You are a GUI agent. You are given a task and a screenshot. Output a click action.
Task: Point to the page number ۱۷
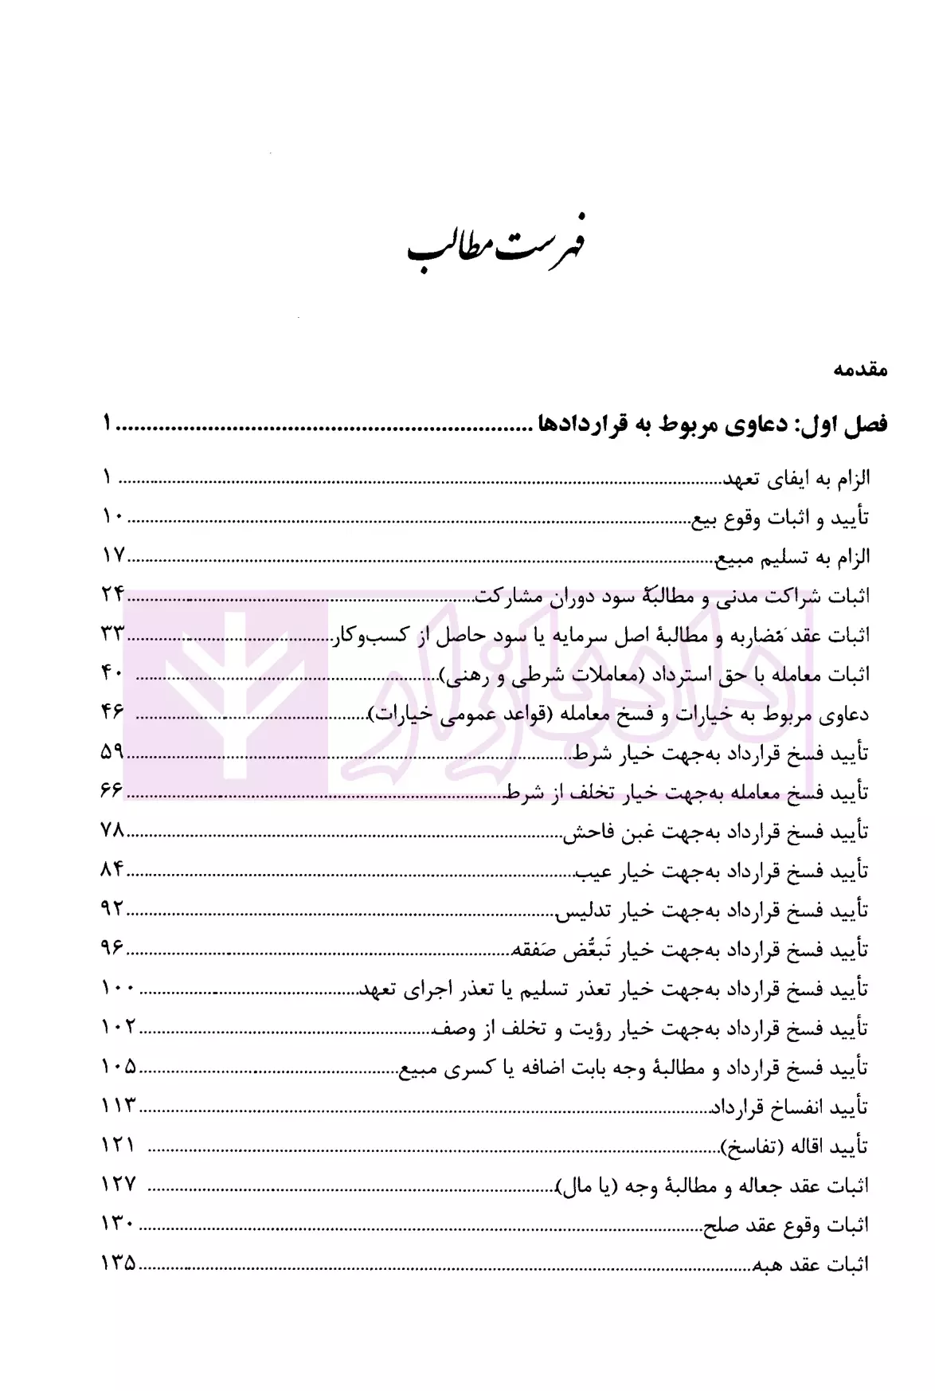coord(113,555)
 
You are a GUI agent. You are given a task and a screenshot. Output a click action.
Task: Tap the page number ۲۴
coord(113,594)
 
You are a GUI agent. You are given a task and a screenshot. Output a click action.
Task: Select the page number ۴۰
coord(112,672)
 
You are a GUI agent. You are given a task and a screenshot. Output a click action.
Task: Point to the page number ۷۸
coord(113,830)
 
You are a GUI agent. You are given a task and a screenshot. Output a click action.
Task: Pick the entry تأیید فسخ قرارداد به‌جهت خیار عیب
coord(722,871)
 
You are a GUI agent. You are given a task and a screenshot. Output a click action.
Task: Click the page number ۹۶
coord(112,947)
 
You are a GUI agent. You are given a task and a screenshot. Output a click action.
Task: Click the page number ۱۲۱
coord(119,1145)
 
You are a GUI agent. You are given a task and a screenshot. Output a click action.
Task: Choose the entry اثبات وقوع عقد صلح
coord(785,1225)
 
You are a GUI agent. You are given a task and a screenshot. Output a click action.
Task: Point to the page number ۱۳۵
coord(119,1263)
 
